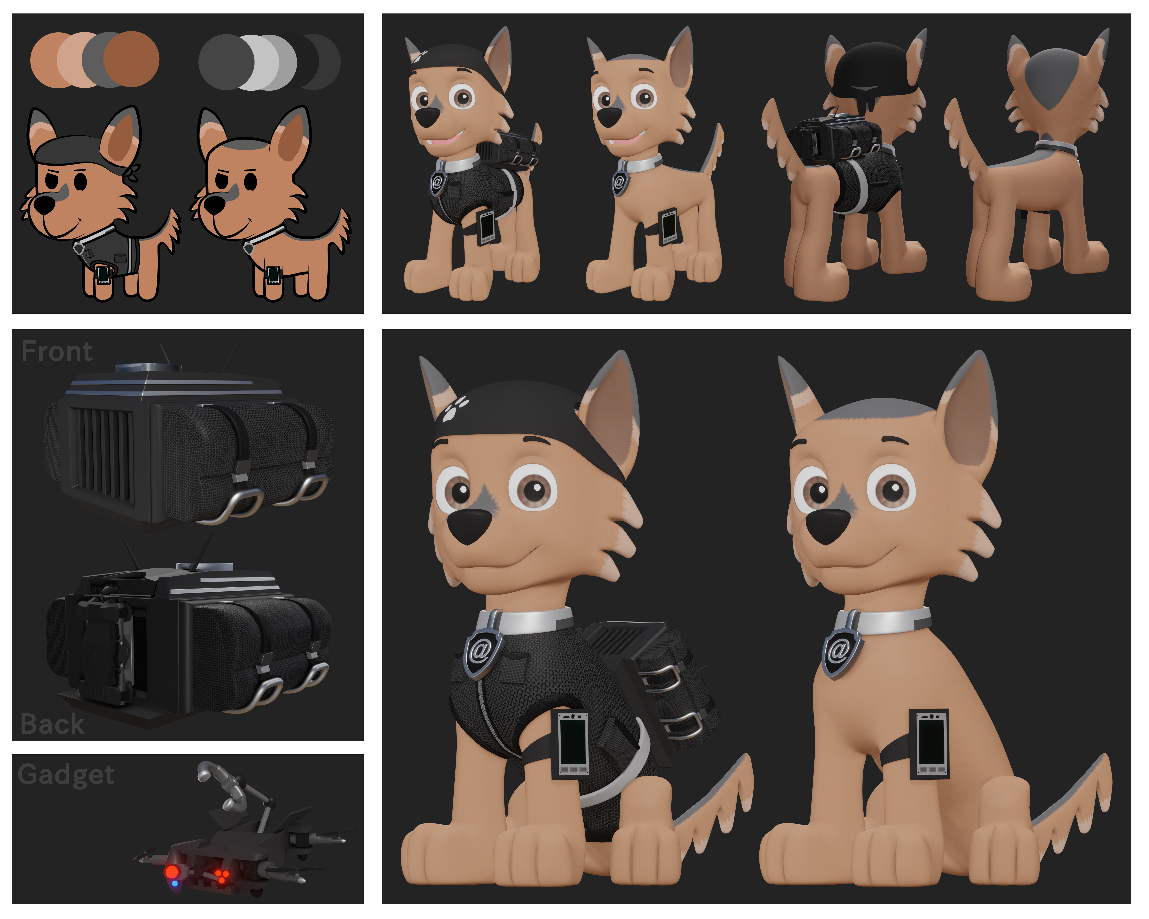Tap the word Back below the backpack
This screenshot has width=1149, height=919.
tap(52, 724)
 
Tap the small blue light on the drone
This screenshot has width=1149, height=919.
tap(175, 884)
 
